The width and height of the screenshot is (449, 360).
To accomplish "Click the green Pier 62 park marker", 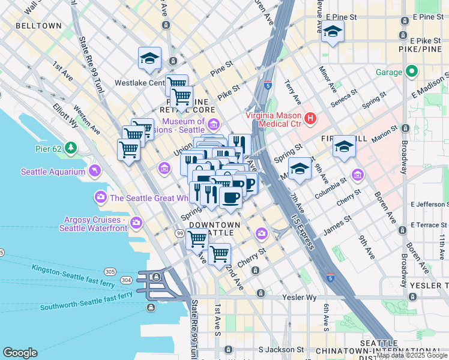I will click(71, 147).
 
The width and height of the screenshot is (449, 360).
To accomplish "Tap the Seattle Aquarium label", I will click(53, 172).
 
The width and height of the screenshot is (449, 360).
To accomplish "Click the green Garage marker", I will click(411, 72).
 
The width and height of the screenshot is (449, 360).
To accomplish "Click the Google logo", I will click(20, 352).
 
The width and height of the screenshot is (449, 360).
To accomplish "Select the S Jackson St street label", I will click(281, 349).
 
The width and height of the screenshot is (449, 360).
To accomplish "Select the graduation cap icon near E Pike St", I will click(333, 31).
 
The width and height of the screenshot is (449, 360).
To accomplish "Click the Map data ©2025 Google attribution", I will click(412, 355).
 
